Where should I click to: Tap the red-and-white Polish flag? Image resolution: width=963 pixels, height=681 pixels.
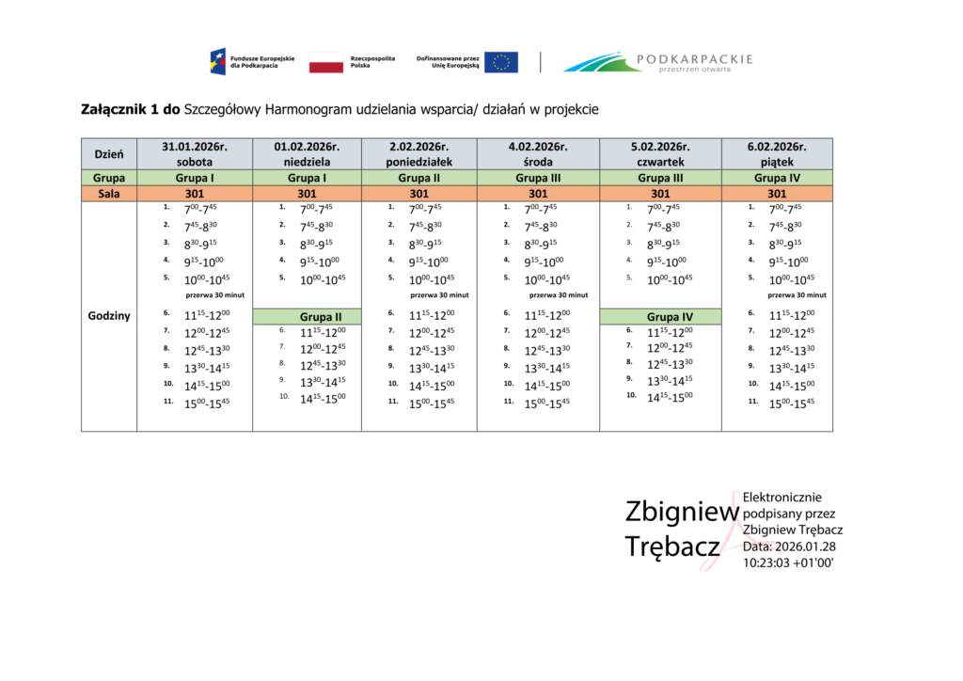[326, 62]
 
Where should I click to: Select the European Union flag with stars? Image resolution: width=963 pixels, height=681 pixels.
[501, 62]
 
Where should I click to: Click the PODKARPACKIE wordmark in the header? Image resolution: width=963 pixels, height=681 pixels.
[694, 59]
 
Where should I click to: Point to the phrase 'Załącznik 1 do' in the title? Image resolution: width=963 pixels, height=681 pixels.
[132, 109]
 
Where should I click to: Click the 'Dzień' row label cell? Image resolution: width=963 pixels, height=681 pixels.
[109, 153]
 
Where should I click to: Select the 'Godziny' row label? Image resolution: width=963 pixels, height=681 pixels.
[109, 316]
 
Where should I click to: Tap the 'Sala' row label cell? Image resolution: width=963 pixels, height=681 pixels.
[109, 193]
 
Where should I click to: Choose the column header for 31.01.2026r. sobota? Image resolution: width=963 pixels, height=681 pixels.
[195, 153]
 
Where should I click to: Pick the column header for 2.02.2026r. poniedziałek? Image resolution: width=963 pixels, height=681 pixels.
[419, 153]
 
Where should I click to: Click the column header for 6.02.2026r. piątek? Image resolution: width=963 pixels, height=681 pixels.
[777, 153]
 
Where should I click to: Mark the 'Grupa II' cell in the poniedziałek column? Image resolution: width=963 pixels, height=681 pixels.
[419, 177]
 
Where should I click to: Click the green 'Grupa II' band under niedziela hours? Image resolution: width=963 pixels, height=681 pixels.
[307, 316]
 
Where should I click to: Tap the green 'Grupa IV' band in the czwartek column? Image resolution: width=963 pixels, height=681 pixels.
[660, 316]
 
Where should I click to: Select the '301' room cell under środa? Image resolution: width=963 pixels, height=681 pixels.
[538, 193]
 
